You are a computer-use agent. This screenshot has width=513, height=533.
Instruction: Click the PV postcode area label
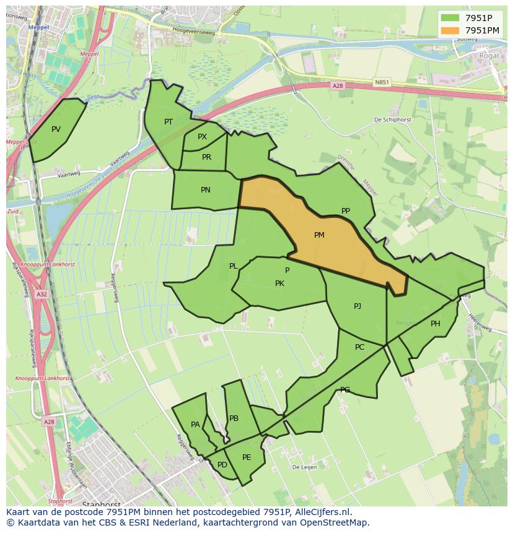pyautogui.click(x=56, y=129)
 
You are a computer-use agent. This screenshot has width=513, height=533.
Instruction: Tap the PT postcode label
pyautogui.click(x=169, y=122)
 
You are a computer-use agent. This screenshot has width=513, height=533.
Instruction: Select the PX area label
pyautogui.click(x=202, y=137)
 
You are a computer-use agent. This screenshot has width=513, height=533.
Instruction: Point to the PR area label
pyautogui.click(x=206, y=157)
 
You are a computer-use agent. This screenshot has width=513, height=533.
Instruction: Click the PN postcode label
pyautogui.click(x=206, y=190)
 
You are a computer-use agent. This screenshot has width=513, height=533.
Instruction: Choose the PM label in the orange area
pyautogui.click(x=319, y=235)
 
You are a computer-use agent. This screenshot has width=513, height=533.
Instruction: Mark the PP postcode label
pyautogui.click(x=346, y=211)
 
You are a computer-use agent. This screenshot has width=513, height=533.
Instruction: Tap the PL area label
pyautogui.click(x=234, y=266)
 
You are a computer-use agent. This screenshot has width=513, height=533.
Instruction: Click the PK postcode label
pyautogui.click(x=279, y=284)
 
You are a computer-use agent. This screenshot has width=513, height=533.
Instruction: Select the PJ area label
pyautogui.click(x=357, y=306)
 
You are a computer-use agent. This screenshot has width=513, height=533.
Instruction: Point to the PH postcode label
pyautogui.click(x=436, y=324)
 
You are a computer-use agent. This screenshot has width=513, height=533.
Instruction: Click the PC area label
pyautogui.click(x=360, y=347)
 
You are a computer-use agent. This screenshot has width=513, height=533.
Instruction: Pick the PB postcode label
pyautogui.click(x=234, y=418)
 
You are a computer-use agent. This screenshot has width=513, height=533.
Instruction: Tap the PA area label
pyautogui.click(x=195, y=425)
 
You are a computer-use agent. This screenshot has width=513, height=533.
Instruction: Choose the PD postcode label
pyautogui.click(x=222, y=465)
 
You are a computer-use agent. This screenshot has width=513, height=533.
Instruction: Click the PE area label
pyautogui.click(x=247, y=457)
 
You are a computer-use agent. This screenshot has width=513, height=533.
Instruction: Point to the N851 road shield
pyautogui.click(x=382, y=81)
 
